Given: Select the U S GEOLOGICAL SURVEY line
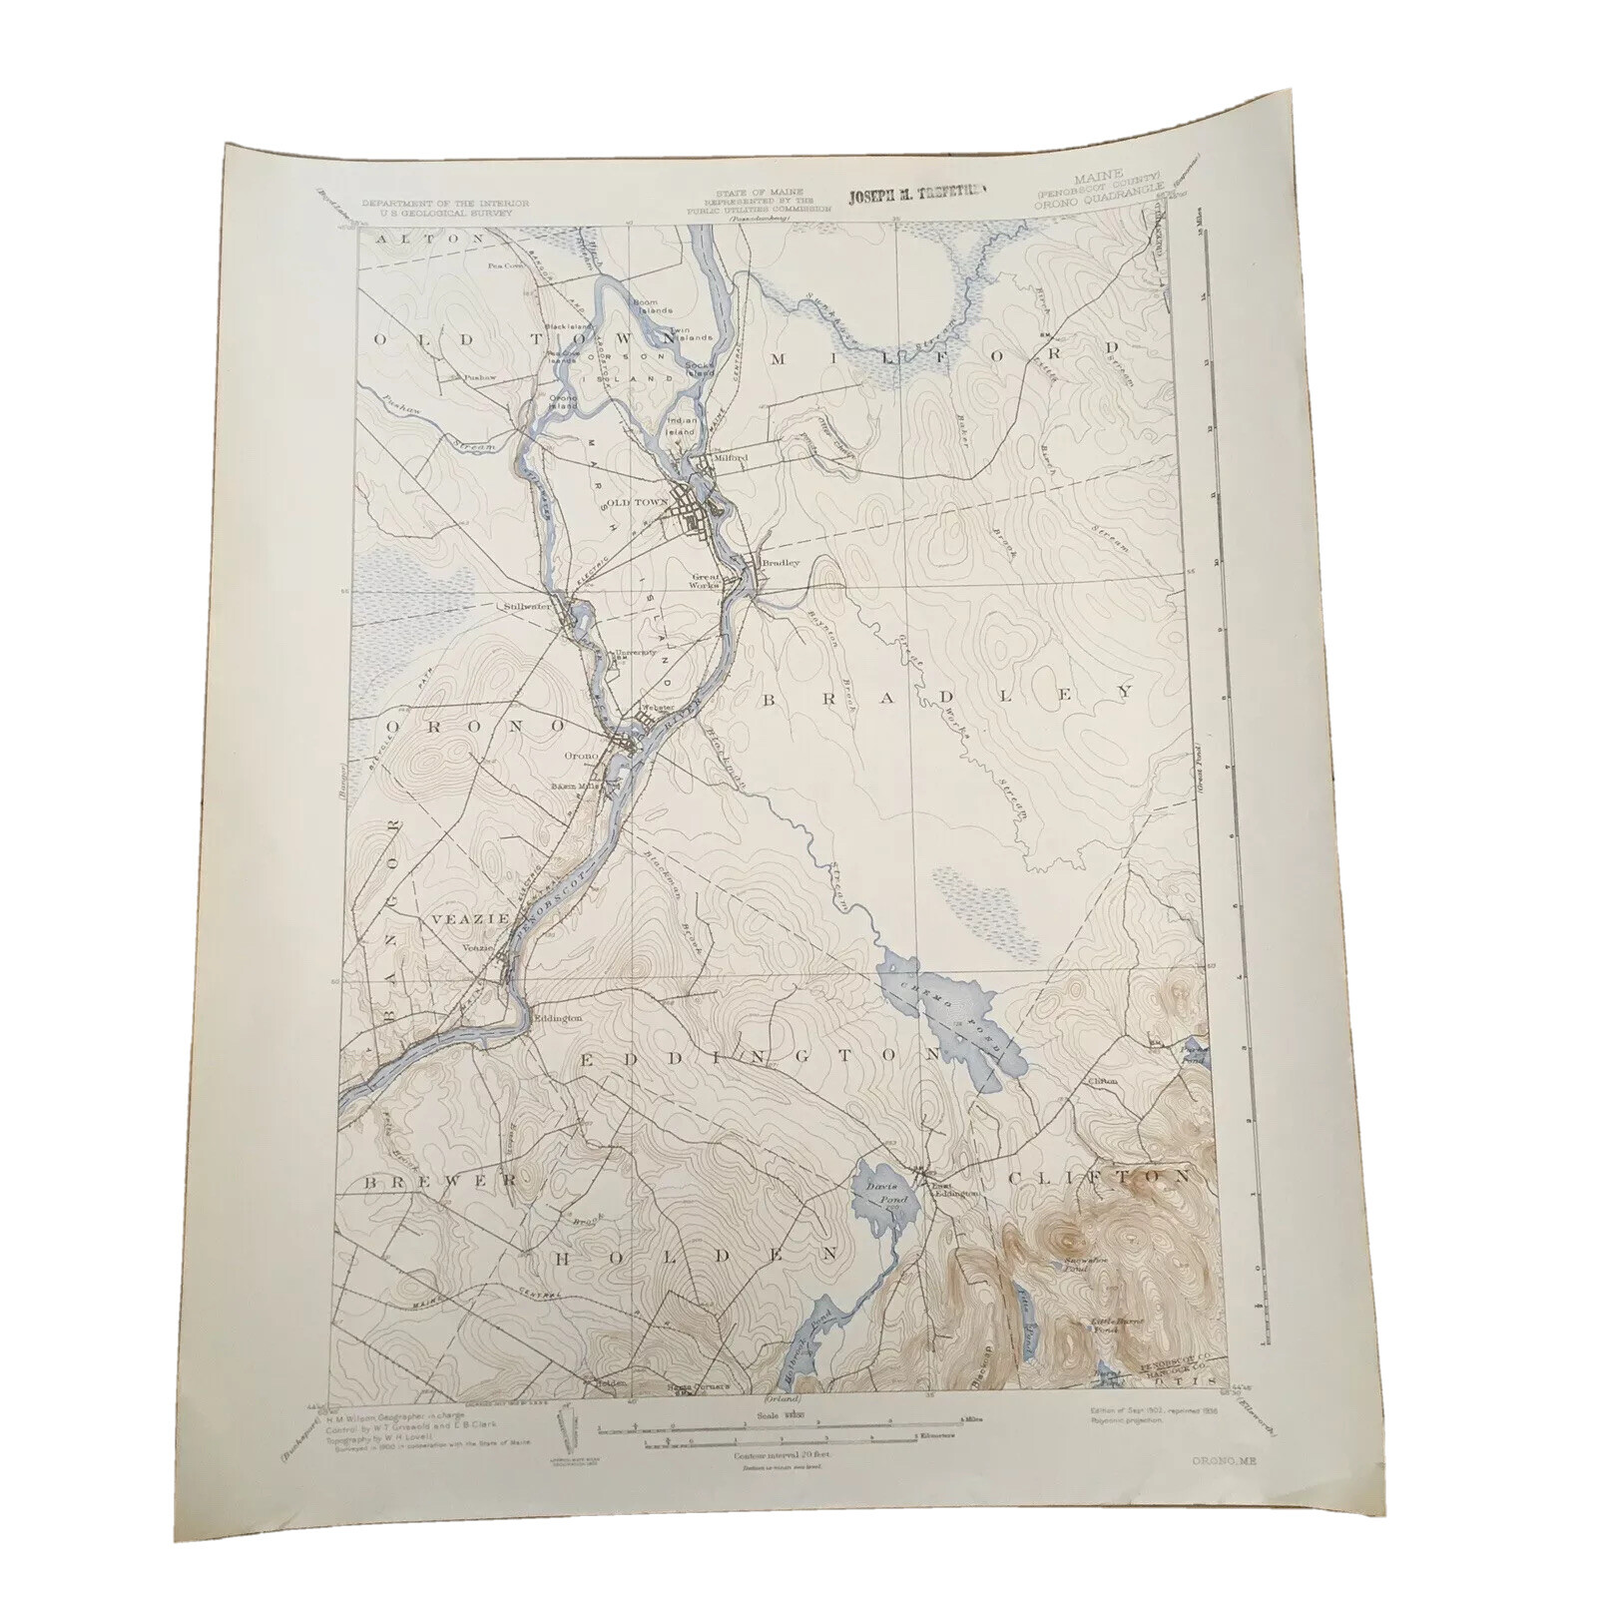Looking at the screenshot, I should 445,212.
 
